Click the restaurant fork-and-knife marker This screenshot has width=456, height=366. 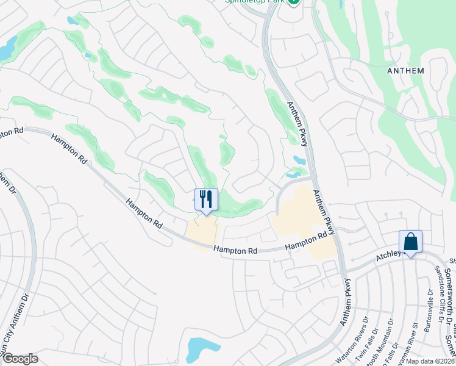[206, 199]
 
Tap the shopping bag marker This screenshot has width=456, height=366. [410, 242]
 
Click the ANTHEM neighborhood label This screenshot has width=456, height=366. [405, 71]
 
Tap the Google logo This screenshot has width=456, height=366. [20, 359]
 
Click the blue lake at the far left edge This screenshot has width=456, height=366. [7, 48]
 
